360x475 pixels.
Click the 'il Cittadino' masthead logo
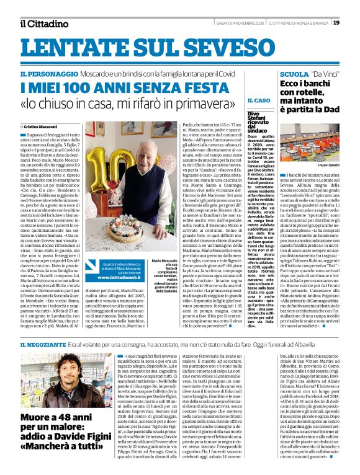tap(43, 24)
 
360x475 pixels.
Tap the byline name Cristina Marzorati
tap(40, 126)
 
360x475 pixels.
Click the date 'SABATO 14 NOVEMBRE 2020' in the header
tap(240, 23)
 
